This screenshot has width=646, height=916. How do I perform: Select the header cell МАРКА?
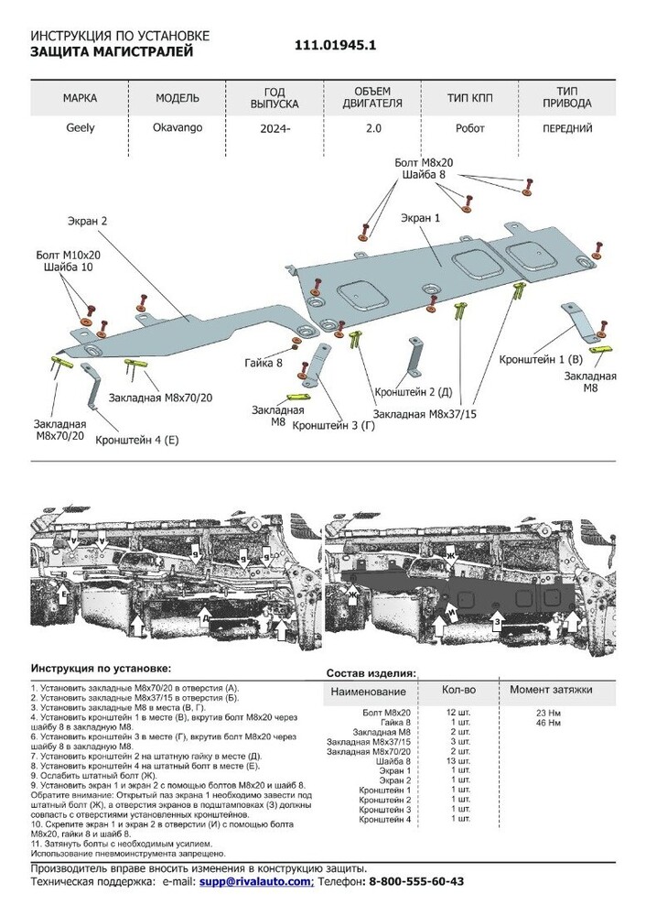(x=80, y=97)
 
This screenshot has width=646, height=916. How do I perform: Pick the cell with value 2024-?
(x=275, y=129)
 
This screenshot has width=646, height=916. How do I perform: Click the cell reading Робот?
(x=470, y=128)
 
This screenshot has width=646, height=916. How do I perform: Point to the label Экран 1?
(x=420, y=219)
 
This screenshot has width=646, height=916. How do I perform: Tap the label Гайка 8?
(x=264, y=364)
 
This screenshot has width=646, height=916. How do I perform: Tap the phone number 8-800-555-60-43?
(x=416, y=880)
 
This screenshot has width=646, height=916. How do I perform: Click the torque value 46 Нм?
(x=548, y=724)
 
